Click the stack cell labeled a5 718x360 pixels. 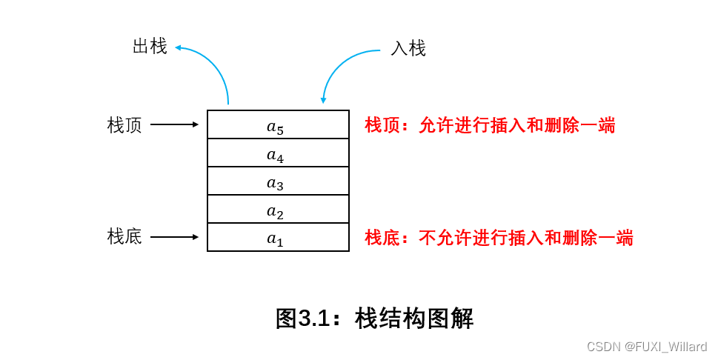278,125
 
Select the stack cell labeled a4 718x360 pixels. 278,153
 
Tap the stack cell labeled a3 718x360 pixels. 278,181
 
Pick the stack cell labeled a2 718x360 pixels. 278,210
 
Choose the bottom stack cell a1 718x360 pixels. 278,238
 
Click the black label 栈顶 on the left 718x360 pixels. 124,125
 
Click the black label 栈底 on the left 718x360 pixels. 124,237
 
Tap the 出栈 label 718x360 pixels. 150,47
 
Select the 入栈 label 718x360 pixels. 408,49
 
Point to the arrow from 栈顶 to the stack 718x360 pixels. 175,124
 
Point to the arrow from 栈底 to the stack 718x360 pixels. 175,237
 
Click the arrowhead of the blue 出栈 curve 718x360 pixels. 179,48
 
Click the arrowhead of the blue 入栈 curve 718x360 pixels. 323,100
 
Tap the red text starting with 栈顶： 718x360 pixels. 490,125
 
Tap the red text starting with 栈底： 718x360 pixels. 499,238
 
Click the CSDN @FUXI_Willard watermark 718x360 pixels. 646,347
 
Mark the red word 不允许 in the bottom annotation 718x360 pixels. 445,238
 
